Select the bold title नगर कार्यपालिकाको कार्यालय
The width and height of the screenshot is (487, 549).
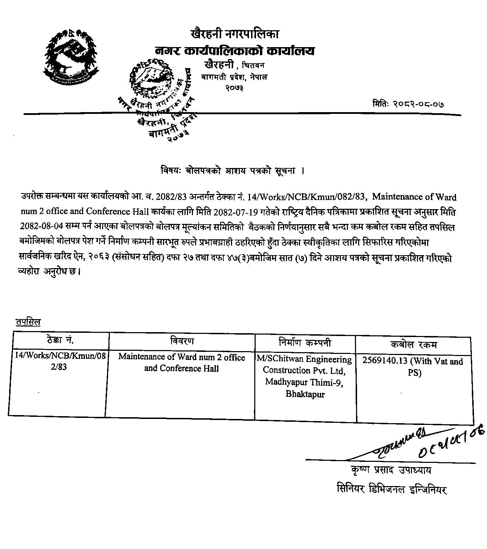tap(235, 51)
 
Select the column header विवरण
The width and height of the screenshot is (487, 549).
tap(181, 341)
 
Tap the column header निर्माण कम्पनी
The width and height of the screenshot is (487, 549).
tap(305, 342)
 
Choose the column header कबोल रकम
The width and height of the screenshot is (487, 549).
tap(413, 345)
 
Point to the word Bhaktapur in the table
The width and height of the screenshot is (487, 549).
tap(305, 394)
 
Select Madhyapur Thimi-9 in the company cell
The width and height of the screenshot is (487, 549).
tap(305, 382)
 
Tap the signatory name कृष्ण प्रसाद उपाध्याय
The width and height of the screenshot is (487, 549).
tap(391, 470)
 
